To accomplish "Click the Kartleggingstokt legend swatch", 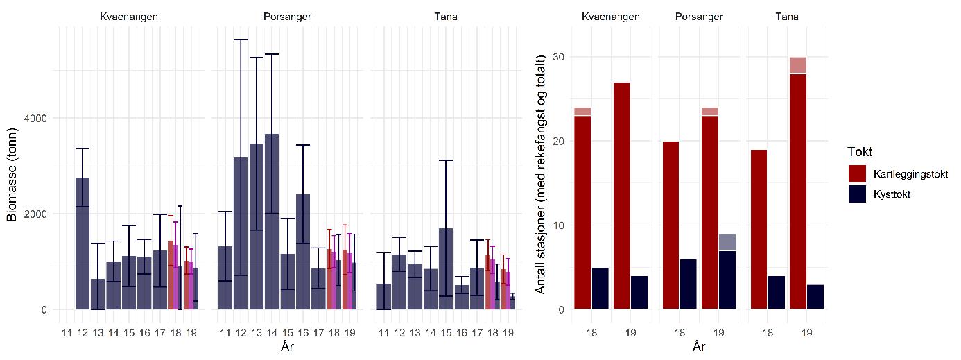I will [x=858, y=173].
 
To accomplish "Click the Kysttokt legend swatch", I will [x=858, y=194].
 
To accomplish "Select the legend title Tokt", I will [x=860, y=152].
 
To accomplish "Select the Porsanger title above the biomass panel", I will [x=288, y=17].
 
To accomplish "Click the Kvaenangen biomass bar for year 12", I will [x=83, y=243].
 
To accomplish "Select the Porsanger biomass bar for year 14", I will [x=272, y=222].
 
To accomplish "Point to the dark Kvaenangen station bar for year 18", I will [x=601, y=289].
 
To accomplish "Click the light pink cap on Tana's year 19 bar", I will [x=797, y=65].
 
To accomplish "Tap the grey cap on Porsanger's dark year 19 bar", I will [x=727, y=242].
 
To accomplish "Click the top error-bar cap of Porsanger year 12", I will [x=241, y=40].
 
